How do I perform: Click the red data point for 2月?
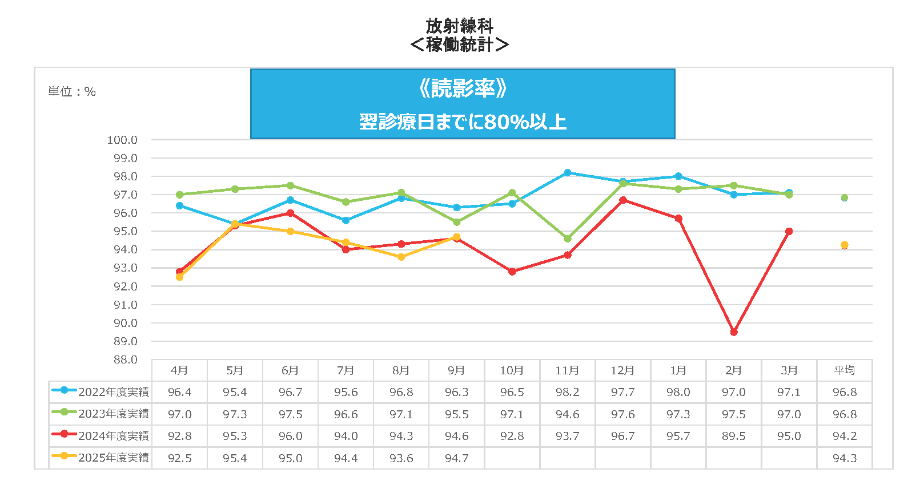pos(734,332)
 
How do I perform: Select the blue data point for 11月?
pos(568,172)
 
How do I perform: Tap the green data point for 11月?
pos(568,239)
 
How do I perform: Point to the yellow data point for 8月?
pos(401,257)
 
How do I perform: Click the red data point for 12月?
pos(623,200)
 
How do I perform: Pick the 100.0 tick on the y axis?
pos(122,140)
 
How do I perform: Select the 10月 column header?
pos(512,370)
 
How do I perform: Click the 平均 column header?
pos(845,370)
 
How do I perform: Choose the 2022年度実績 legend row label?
pos(113,392)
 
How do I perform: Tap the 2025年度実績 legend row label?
pos(113,458)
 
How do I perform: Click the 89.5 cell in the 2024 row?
pos(734,436)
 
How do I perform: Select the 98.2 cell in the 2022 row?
pos(568,392)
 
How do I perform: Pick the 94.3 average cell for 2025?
pos(845,458)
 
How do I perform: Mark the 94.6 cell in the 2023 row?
pos(568,414)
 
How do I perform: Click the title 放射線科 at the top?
pos(459,26)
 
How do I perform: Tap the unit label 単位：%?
pos(72,91)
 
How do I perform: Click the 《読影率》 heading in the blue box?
pos(463,88)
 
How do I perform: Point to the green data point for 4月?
pos(179,195)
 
